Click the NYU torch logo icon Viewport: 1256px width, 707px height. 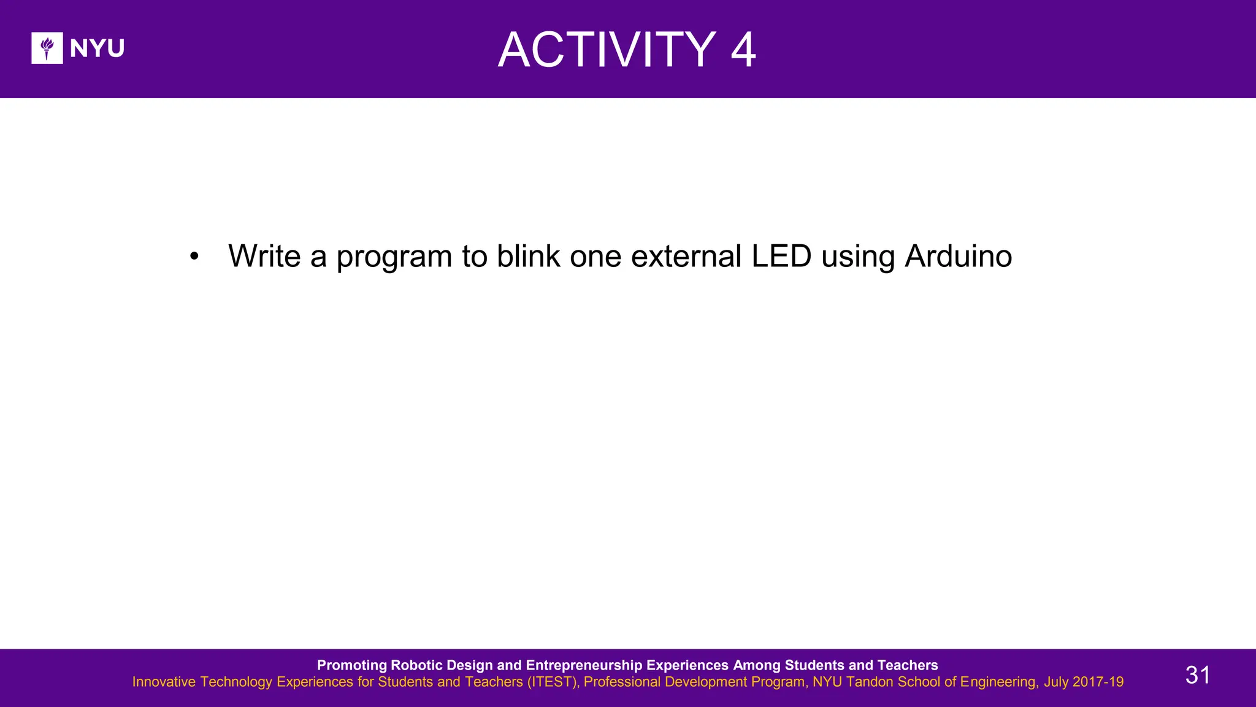47,48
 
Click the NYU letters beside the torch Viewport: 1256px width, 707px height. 97,48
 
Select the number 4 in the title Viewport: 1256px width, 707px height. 743,50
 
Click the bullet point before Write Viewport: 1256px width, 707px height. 194,257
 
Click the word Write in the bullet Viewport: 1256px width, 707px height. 264,256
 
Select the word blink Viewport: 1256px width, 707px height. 528,256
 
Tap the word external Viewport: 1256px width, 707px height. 686,256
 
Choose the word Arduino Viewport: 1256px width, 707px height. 958,256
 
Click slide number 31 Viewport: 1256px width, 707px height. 1197,675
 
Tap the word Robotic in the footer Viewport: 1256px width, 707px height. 416,665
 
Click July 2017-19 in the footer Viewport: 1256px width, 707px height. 1084,682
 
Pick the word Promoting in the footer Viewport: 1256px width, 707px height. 352,665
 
